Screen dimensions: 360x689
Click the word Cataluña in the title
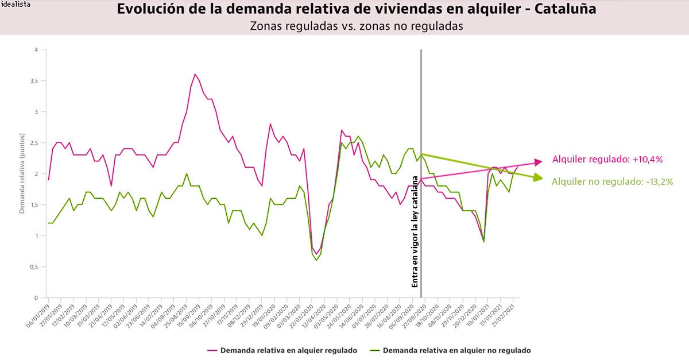click(x=562, y=9)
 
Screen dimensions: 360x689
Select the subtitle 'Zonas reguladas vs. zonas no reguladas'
click(x=356, y=26)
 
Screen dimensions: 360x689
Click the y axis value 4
click(x=36, y=50)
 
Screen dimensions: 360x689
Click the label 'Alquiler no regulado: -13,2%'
click(x=612, y=181)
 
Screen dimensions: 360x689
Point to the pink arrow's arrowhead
click(x=538, y=162)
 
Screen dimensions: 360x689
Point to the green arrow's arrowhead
click(x=538, y=178)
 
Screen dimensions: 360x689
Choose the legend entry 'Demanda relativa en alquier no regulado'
click(x=450, y=350)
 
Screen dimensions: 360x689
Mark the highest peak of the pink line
click(x=195, y=74)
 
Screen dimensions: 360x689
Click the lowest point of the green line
click(x=316, y=260)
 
